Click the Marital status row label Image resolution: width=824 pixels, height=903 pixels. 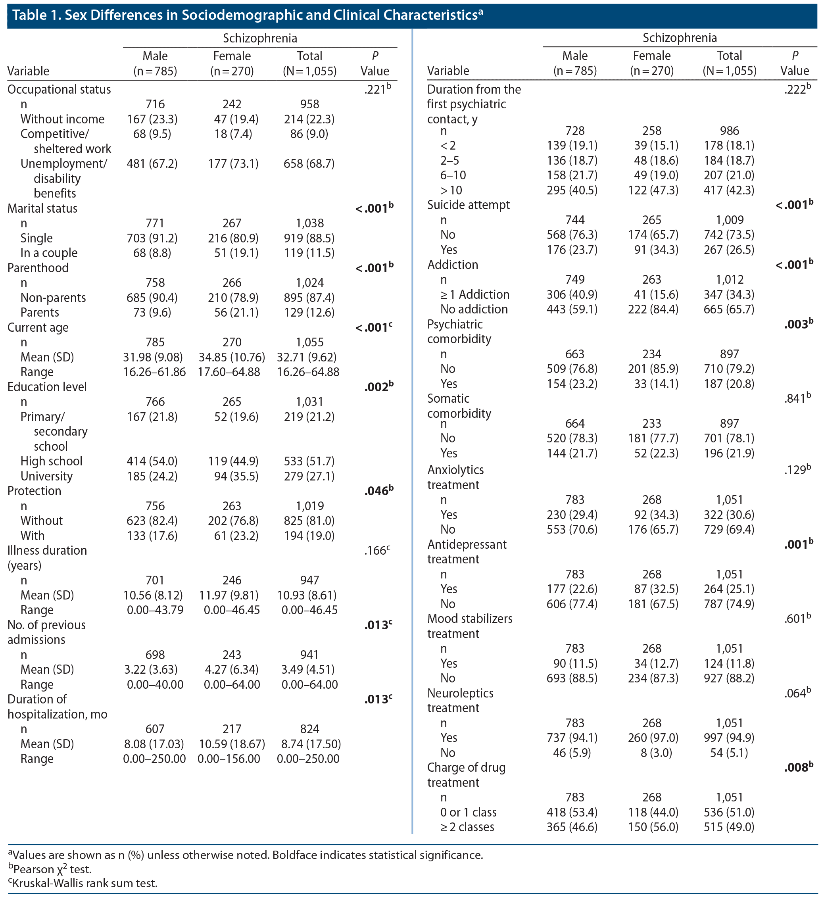(42, 208)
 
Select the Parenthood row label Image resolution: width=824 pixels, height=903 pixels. (38, 268)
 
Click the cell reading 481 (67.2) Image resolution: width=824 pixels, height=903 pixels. (152, 164)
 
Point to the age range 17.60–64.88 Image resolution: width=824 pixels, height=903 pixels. (229, 372)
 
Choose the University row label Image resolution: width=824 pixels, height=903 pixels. (46, 476)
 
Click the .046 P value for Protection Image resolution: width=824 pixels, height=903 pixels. (378, 491)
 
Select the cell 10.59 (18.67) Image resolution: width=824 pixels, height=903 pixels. (232, 744)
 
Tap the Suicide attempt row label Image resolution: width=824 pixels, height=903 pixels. (469, 205)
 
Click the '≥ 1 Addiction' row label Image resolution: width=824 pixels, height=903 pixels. (475, 294)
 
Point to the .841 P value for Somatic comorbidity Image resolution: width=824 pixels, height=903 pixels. (797, 399)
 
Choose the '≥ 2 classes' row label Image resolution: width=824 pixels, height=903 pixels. (467, 827)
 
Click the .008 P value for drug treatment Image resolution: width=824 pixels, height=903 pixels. (799, 768)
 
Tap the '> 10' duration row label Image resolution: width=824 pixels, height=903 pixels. (451, 190)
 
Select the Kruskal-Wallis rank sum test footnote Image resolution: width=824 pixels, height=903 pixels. (83, 883)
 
